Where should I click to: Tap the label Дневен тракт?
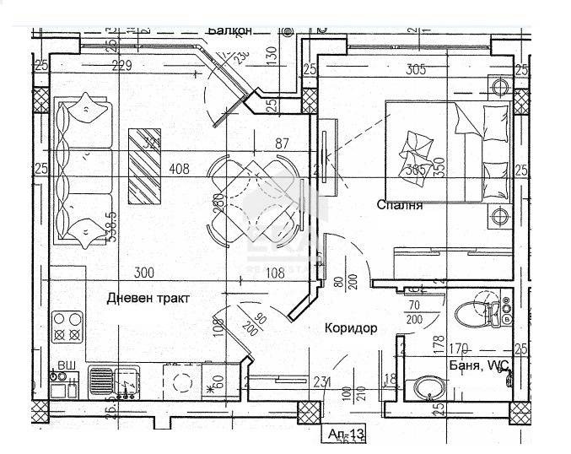point(148,297)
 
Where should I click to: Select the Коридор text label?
point(349,327)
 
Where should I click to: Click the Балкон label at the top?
point(229,30)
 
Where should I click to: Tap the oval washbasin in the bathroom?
point(423,388)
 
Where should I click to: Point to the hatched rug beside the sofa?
point(145,165)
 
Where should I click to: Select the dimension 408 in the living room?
point(179,168)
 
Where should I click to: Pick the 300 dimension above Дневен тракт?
point(144,272)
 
